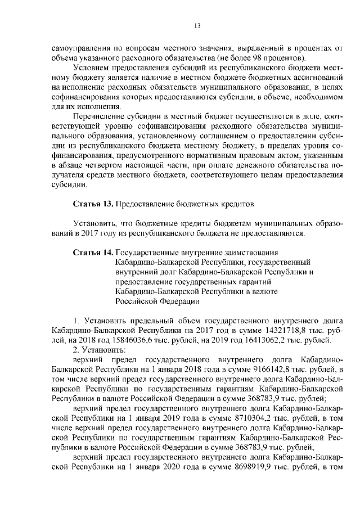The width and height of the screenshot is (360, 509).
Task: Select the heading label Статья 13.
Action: click(x=94, y=201)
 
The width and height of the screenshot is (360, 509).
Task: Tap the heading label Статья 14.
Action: click(x=94, y=253)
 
